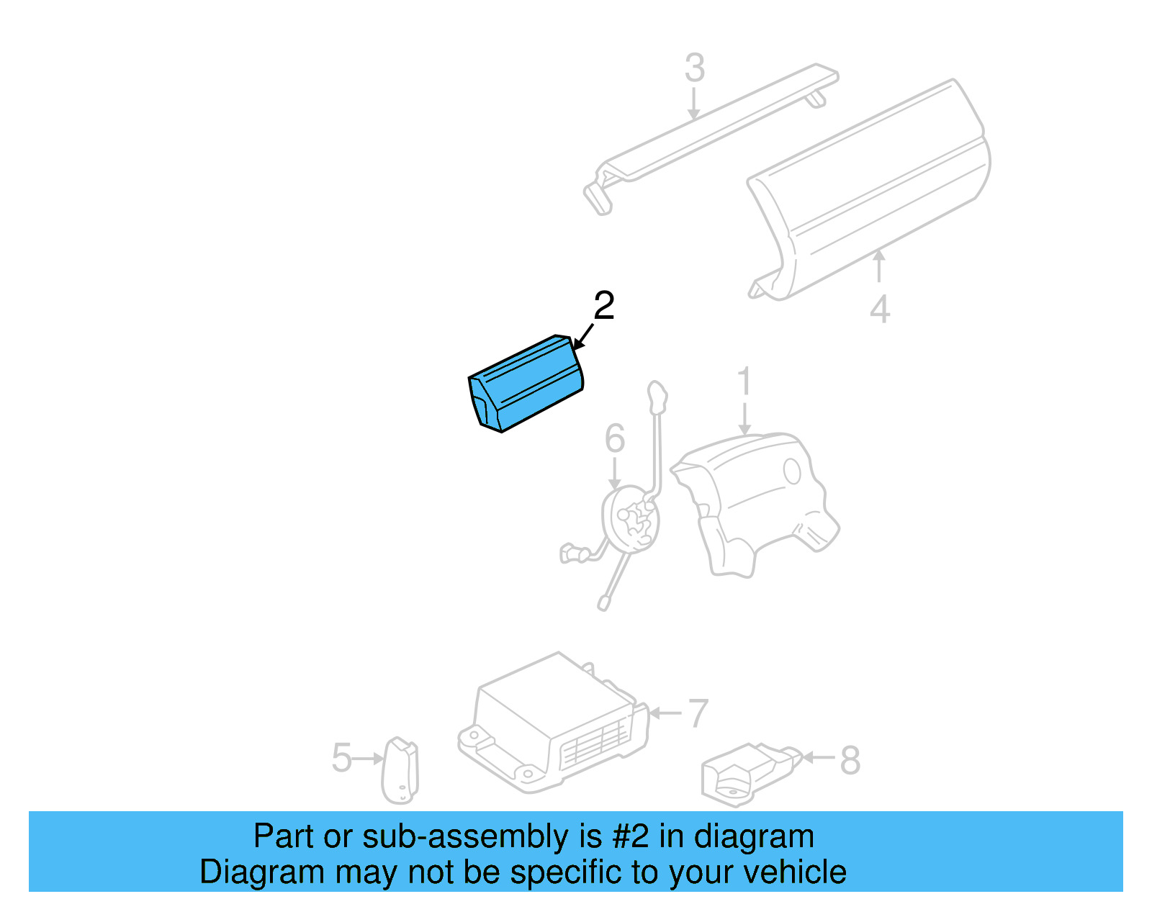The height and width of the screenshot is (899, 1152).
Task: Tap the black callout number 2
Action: [x=603, y=306]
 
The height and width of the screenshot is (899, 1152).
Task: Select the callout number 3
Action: [x=694, y=68]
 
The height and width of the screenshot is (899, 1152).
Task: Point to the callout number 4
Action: [x=880, y=310]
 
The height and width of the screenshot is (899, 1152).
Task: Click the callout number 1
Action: [x=744, y=381]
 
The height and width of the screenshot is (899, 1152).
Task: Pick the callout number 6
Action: [x=614, y=438]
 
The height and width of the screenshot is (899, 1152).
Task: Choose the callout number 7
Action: [x=698, y=713]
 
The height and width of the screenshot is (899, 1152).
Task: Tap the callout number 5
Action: [x=341, y=758]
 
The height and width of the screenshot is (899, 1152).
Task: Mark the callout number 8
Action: [x=850, y=760]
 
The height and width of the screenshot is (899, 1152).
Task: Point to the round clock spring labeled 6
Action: [x=631, y=518]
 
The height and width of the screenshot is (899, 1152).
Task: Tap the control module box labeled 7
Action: [x=554, y=720]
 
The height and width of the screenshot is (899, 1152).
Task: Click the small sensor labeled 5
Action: [x=400, y=770]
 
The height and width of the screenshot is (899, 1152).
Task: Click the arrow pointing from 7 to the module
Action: [x=666, y=713]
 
